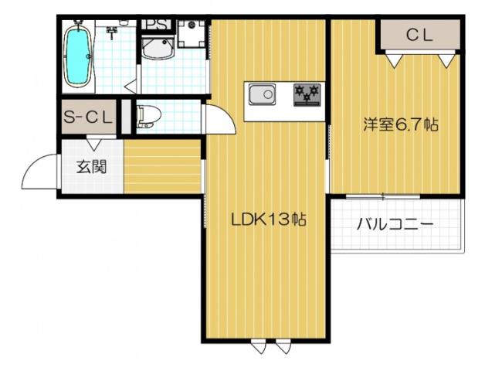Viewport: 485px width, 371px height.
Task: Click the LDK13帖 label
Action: (270, 220)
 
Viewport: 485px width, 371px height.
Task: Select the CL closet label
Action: (419, 34)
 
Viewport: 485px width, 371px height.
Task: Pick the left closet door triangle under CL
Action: (394, 57)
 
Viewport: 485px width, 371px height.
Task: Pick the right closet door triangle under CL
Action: (444, 57)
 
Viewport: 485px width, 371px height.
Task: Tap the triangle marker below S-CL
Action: (92, 142)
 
